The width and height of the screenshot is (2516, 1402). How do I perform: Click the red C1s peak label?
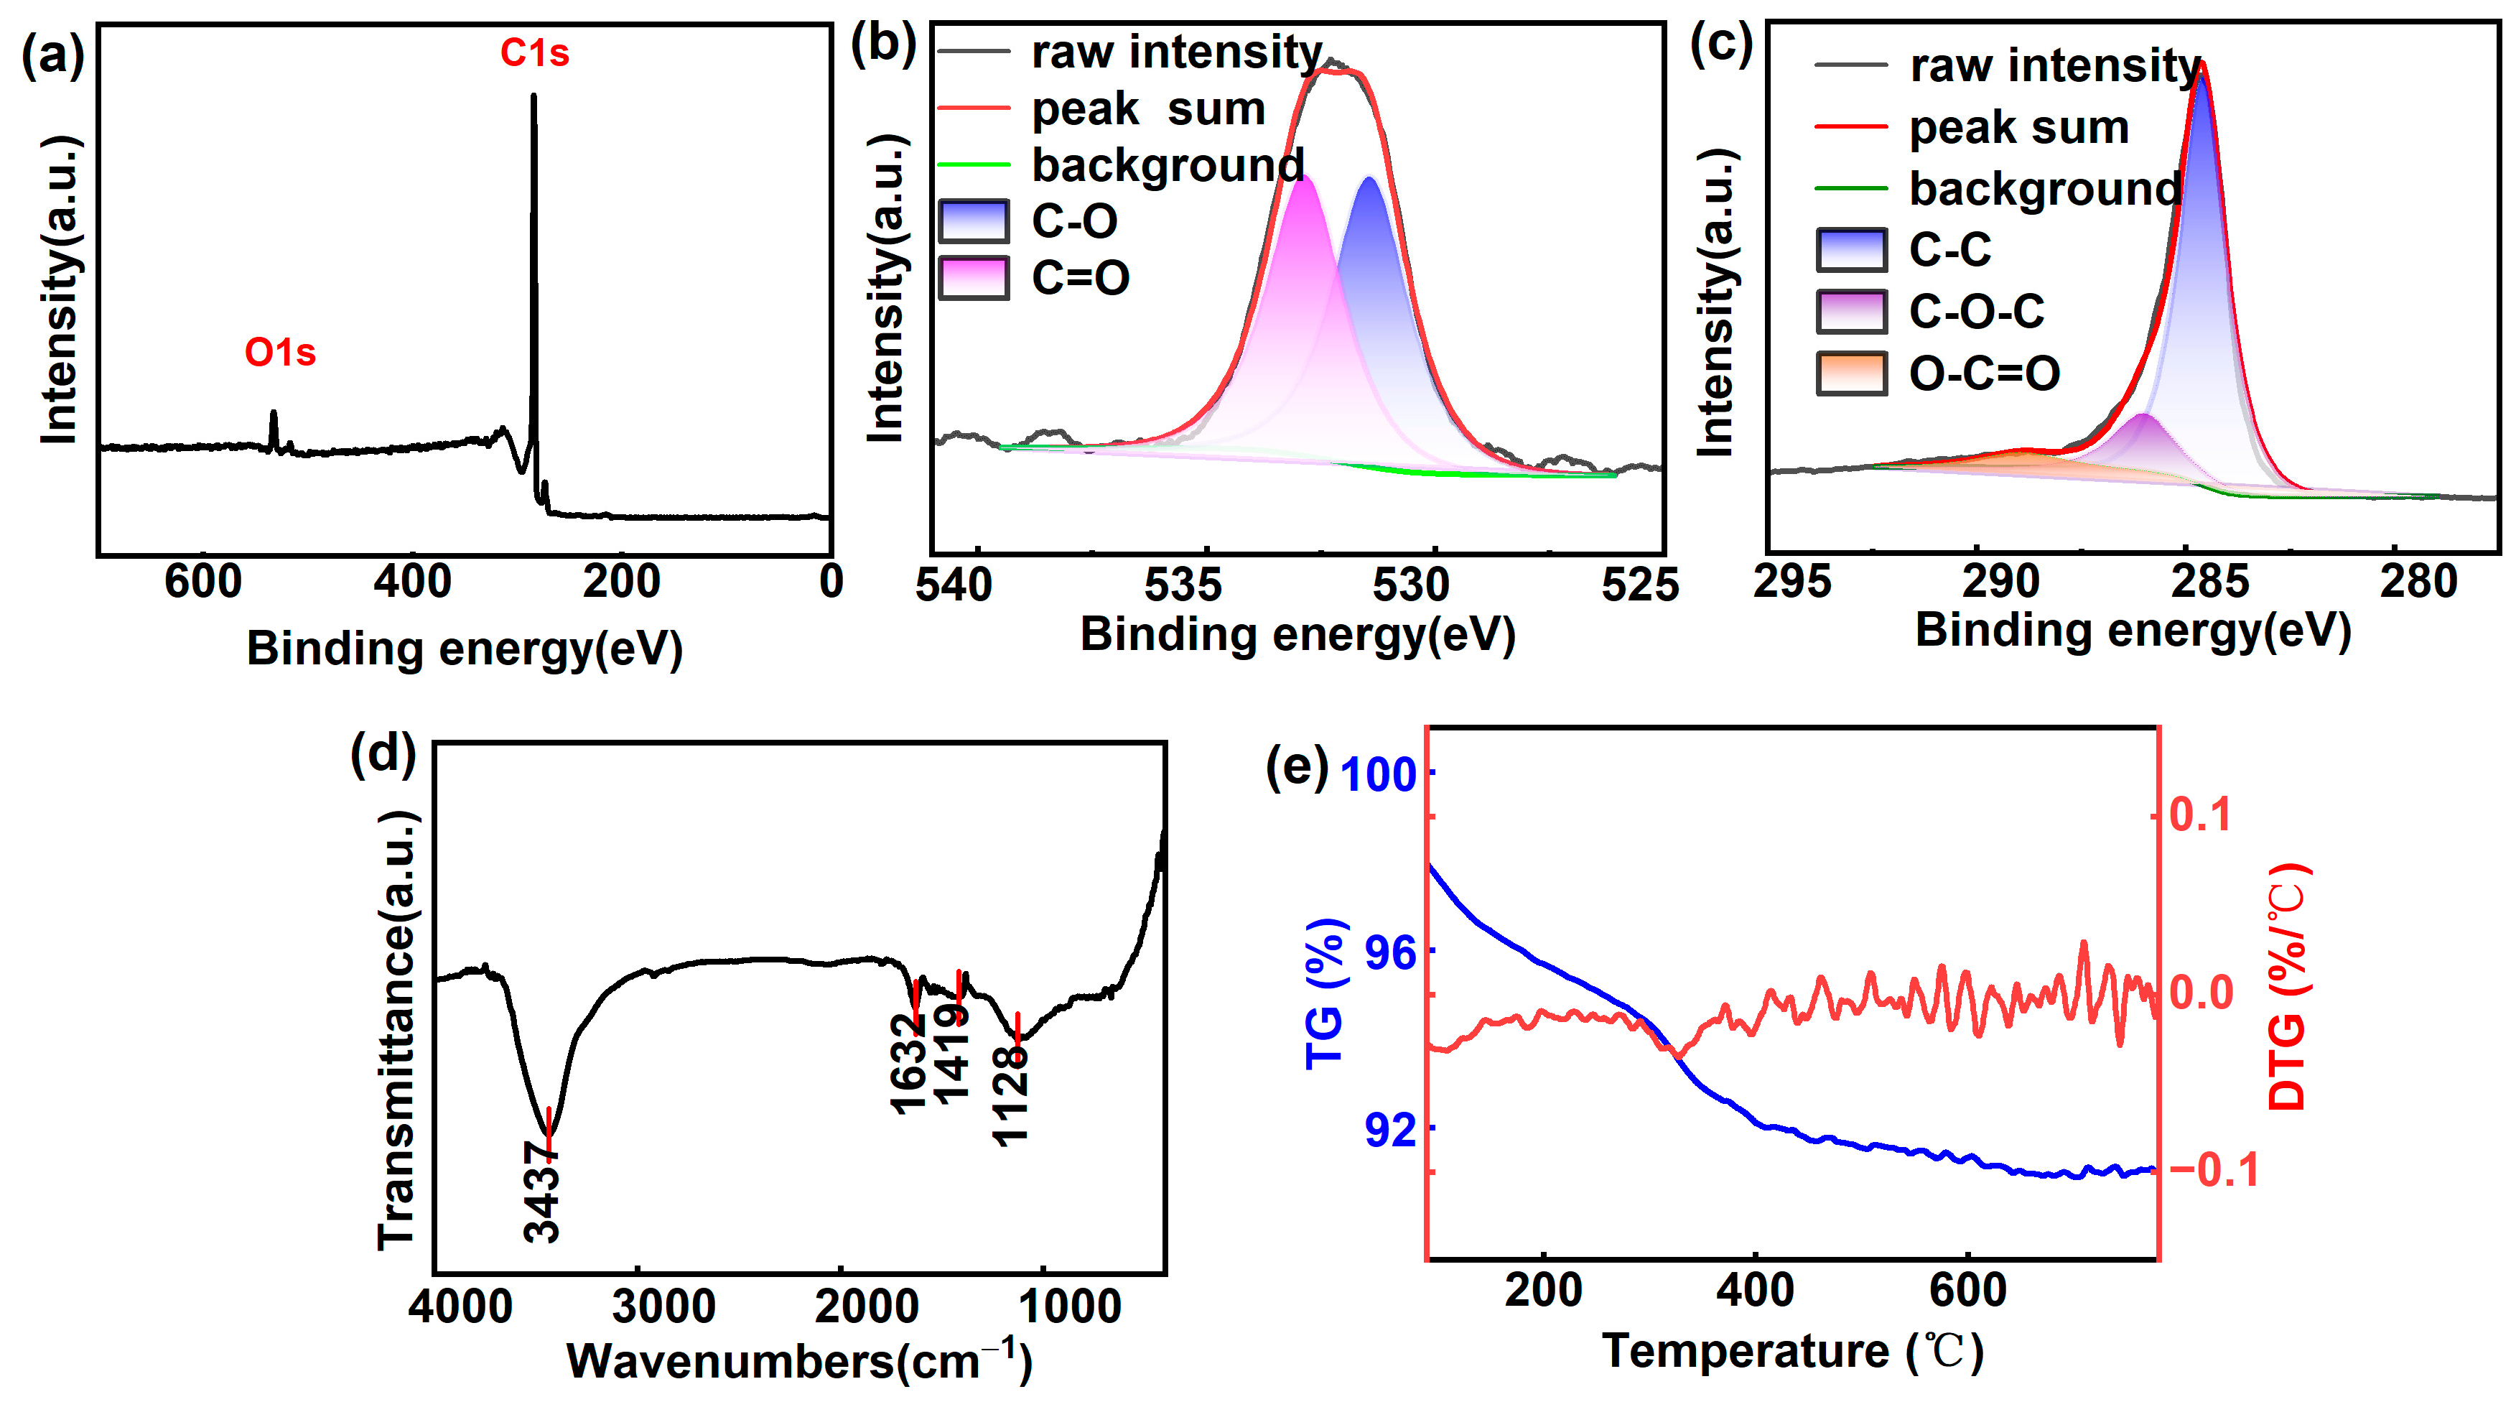tap(534, 52)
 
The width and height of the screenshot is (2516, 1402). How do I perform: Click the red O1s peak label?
tap(280, 353)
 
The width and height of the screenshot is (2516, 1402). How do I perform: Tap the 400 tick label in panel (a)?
tap(412, 582)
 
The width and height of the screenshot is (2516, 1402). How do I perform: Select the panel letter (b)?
tap(883, 46)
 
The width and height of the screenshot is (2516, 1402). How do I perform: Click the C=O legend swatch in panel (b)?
tap(973, 277)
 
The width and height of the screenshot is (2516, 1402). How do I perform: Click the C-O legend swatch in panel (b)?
tap(973, 220)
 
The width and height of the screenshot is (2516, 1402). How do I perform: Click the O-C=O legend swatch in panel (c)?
tap(1851, 373)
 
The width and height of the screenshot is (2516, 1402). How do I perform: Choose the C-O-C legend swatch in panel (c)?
tap(1851, 312)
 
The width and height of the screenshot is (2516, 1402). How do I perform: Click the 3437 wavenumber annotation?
tap(542, 1192)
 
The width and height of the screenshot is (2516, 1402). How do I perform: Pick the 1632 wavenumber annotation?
tap(908, 1065)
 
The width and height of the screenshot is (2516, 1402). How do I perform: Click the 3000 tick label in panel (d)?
tap(664, 1307)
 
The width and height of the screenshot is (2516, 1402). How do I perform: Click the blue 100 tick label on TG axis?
tap(1378, 776)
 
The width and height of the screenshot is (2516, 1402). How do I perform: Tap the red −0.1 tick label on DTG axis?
tap(2214, 1169)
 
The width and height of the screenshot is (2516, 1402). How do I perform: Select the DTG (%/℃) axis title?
tap(2289, 987)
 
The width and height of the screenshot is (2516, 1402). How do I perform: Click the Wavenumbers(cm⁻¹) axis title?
tap(799, 1361)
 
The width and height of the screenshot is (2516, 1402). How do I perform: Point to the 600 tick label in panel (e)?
tap(1967, 1291)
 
